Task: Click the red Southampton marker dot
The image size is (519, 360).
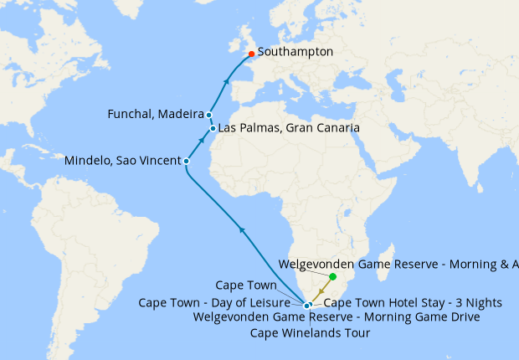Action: coord(251,54)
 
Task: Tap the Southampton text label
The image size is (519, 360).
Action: coord(295,52)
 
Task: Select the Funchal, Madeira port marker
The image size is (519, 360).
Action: coord(208,116)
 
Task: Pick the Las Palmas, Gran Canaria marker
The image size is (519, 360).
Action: coord(213,128)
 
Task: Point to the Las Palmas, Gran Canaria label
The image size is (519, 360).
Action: coord(290,128)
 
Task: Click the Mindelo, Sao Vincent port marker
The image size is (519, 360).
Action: coord(186,161)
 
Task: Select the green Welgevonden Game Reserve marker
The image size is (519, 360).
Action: coord(332,276)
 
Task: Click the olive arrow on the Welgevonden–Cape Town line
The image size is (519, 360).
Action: coord(321,290)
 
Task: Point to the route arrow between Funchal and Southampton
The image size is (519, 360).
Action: coord(226,82)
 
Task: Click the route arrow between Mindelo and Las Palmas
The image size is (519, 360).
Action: coord(200,144)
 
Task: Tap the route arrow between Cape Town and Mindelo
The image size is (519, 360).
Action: coord(242,229)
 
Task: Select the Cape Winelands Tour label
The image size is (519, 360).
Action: coord(310,333)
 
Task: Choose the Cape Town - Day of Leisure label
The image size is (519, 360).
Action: coord(220,303)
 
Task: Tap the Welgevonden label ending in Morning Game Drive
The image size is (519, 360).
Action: coord(336,317)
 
